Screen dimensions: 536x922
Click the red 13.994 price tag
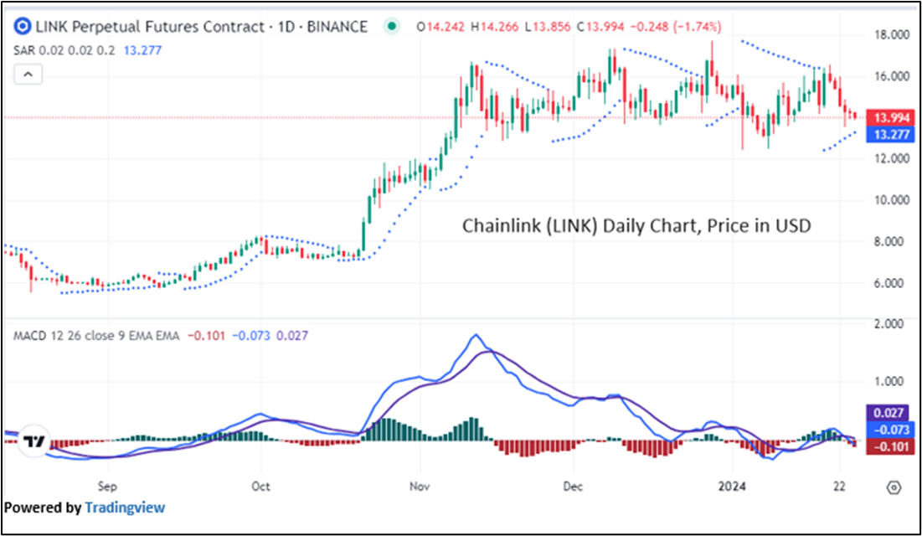point(888,117)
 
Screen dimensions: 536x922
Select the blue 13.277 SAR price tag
point(888,133)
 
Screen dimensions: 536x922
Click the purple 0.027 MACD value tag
point(887,413)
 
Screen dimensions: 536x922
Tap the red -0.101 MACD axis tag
point(887,446)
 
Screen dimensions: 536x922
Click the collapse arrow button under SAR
point(28,75)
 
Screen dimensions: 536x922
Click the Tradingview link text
point(125,508)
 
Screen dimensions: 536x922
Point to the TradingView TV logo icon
point(33,441)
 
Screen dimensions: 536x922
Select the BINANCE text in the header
point(333,27)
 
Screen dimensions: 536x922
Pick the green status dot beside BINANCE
point(390,27)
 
